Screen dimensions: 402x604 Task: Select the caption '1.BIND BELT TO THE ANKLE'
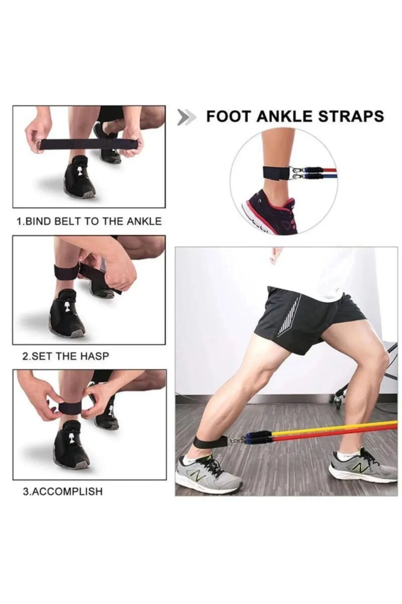pos(89,221)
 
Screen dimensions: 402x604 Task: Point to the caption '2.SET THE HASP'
pos(66,356)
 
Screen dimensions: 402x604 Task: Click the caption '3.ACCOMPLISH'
pos(62,492)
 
